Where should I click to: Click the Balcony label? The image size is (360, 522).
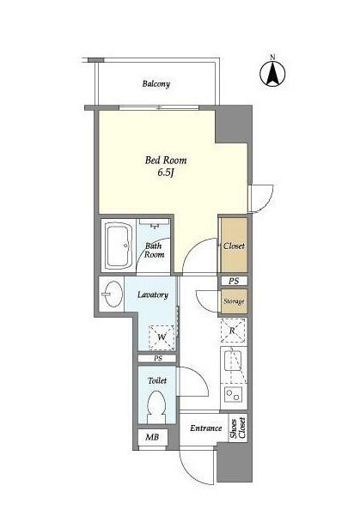[156, 83]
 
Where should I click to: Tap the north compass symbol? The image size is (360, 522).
[272, 73]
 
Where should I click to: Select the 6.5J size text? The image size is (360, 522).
[166, 173]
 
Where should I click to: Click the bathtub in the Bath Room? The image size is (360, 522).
[119, 246]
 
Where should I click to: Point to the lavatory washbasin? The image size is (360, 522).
[112, 294]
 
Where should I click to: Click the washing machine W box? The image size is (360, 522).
[162, 337]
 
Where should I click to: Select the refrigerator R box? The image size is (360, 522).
[233, 331]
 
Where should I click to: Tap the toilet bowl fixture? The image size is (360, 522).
[156, 407]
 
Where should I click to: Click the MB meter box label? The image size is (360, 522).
[152, 437]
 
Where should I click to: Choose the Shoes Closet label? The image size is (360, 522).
[238, 428]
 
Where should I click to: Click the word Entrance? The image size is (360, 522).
[206, 428]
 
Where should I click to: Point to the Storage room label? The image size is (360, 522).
[234, 301]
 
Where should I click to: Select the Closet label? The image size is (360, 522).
[234, 246]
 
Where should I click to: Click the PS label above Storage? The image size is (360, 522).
[234, 281]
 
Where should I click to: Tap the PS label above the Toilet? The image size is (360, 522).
[158, 359]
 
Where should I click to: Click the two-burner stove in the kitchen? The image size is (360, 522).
[233, 395]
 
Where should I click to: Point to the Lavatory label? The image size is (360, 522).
[153, 294]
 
